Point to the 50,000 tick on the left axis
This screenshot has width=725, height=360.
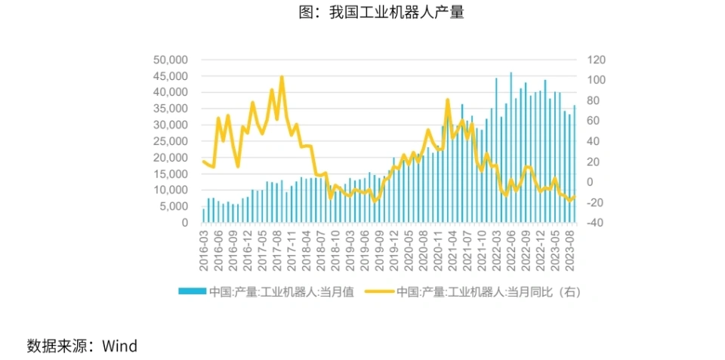point(170,60)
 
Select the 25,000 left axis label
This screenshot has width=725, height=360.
point(170,141)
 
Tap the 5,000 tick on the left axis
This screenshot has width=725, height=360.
point(173,207)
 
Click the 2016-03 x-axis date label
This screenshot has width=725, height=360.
point(204,251)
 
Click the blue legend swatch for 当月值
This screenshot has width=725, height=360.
point(192,291)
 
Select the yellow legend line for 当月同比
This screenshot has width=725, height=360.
point(379,291)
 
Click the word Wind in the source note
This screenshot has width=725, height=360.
point(120,346)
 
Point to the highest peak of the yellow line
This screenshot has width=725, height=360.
point(282,77)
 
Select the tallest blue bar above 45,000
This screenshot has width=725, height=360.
point(511,73)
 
